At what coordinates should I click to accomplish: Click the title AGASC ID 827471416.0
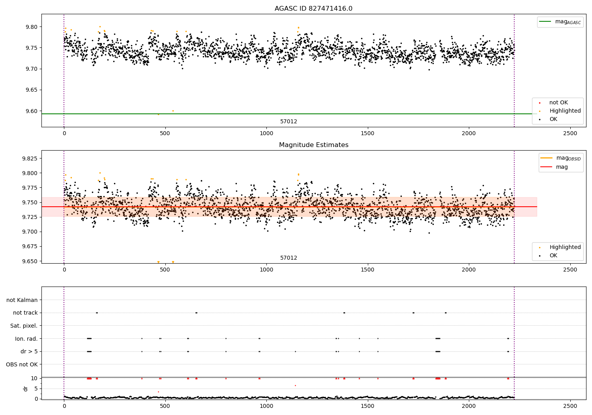313,9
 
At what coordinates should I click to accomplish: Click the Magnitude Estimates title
313,145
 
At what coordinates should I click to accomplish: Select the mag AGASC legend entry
560,22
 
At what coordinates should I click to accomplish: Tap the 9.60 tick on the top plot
32,111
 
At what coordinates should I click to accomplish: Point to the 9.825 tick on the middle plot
30,158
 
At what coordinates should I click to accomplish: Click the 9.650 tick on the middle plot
30,261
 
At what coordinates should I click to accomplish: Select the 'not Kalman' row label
22,300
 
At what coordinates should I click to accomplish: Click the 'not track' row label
25,313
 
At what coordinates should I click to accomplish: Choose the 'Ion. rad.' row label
26,339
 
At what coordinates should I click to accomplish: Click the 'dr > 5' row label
29,351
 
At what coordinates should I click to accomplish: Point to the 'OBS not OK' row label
22,364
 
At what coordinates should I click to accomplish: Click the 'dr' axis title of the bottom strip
26,389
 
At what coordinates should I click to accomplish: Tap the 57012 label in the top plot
289,122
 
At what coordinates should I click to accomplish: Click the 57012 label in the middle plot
289,258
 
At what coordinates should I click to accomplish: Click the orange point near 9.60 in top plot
173,111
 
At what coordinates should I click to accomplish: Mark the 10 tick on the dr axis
34,378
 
